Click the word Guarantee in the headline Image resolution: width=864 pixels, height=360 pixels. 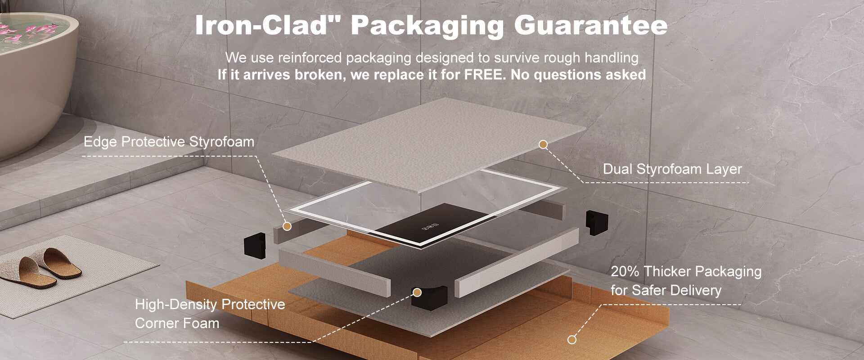pos(590,26)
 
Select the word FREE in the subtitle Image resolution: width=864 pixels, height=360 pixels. pos(483,74)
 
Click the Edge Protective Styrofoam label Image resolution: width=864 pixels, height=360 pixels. pos(169,142)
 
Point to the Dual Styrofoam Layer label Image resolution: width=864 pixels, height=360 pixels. pos(672,169)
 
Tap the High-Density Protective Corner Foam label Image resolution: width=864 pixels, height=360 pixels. pos(210,314)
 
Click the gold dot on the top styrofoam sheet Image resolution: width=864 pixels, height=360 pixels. pos(543,144)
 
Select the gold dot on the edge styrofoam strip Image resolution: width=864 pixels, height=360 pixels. pos(287,226)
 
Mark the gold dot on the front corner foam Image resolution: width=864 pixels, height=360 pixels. pos(417,293)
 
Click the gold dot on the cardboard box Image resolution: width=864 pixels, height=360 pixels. pos(571,340)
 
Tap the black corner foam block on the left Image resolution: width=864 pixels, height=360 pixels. pos(255,245)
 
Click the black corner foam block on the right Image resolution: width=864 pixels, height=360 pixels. pos(597,222)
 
